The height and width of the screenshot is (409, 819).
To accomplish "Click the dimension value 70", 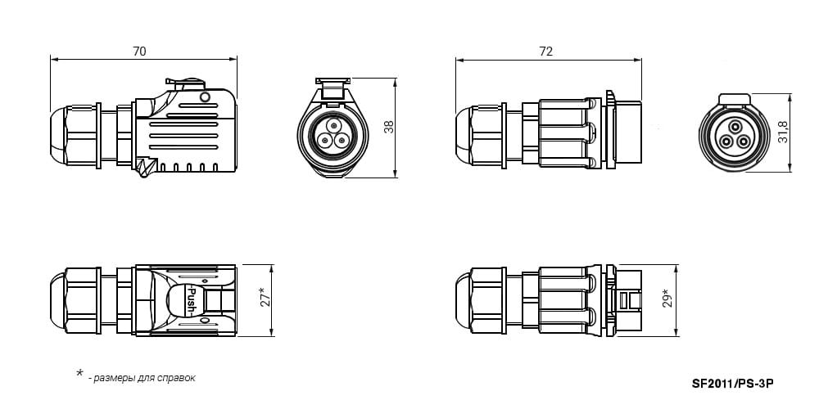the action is tap(139, 51).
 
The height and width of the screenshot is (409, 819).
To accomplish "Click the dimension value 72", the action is tap(545, 51).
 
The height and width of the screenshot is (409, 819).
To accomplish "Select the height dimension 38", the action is tap(389, 128).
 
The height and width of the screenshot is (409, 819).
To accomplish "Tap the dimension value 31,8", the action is tap(783, 132).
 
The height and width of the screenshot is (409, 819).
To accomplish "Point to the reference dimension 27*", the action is tap(265, 297).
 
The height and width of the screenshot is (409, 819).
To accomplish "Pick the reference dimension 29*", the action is tap(667, 298).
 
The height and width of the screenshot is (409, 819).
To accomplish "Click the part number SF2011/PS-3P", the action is tap(732, 384).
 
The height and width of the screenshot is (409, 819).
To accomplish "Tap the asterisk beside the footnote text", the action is tap(80, 373).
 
